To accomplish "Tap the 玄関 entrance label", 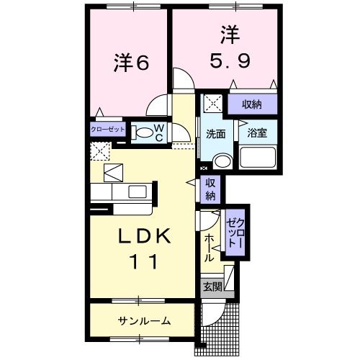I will click(212, 287).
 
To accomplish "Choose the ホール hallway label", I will click(208, 246).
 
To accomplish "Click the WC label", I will click(160, 132).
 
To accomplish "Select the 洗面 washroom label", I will click(216, 133).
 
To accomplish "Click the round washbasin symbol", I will click(222, 160).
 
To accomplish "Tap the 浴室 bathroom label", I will click(257, 133).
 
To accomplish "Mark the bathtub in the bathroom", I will click(257, 158).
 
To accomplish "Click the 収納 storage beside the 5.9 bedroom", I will click(251, 104).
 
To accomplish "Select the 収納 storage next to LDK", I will click(211, 189).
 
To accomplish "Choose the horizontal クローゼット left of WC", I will click(108, 130).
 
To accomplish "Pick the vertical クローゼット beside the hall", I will click(235, 231).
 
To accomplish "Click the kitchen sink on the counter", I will click(138, 192).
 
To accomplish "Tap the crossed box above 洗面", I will click(213, 103).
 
